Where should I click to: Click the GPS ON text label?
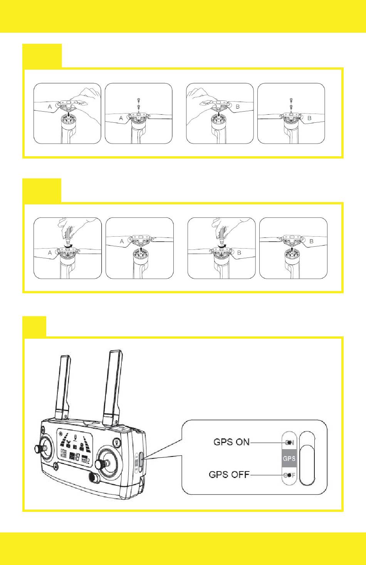pos(232,442)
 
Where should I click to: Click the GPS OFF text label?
pos(229,475)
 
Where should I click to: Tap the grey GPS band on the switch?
pos(289,458)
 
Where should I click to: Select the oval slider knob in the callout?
pos(309,463)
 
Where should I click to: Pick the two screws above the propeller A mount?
pos(138,103)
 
